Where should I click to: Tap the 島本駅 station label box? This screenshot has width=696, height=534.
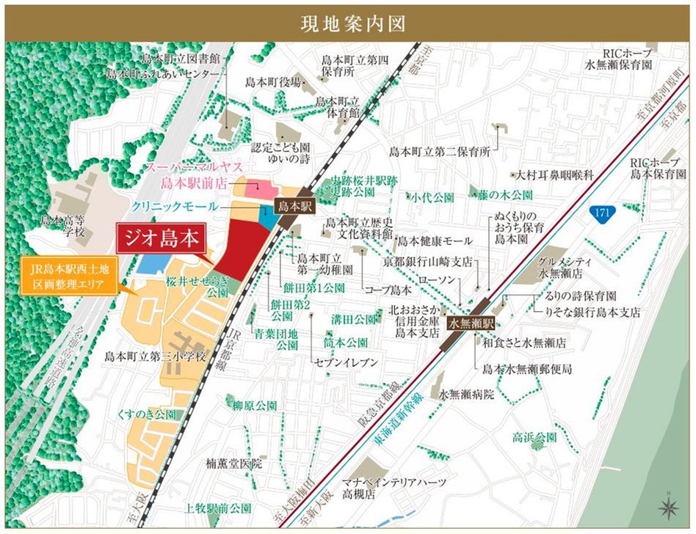coord(294,207)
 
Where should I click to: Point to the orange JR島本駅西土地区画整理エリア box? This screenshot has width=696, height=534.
coord(70,277)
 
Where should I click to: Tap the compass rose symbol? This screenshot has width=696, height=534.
coord(669,505)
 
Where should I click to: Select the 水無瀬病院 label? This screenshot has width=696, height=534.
coord(466,394)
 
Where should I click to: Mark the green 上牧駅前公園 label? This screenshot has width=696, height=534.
coord(219,508)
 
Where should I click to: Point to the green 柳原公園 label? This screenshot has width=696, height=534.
coord(254,405)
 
